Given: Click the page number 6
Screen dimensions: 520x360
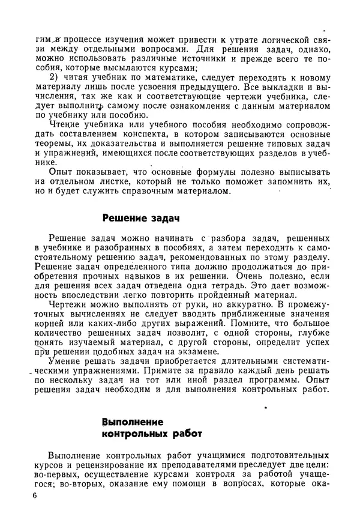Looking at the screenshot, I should [x=36, y=496].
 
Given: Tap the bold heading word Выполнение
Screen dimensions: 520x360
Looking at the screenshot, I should [x=133, y=422].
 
